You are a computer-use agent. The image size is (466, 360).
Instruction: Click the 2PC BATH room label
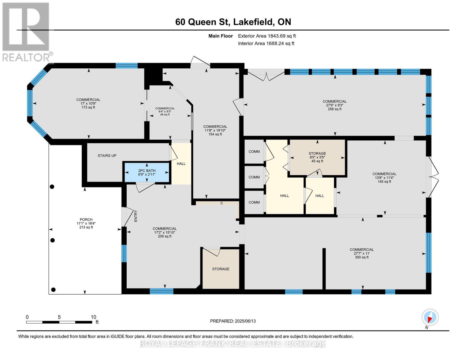coord(147,172)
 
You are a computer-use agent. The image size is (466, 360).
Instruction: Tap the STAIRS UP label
coord(107,156)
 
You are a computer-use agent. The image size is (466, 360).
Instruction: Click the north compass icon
coord(430,318)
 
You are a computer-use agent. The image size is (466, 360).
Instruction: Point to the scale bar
coord(59,322)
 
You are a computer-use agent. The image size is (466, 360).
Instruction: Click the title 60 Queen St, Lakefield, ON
coord(233,22)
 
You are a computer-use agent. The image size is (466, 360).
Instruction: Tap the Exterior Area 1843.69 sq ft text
coord(267,36)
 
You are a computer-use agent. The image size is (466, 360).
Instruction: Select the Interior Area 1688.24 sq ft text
coord(266,43)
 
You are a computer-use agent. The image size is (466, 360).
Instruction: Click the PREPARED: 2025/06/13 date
coord(233,321)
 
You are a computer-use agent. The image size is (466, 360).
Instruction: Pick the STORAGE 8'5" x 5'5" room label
coord(317,157)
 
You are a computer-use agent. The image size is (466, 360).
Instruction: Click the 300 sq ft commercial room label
coord(362,253)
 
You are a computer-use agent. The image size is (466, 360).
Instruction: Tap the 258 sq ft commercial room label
coord(335,105)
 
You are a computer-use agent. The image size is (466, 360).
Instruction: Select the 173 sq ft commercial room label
coord(88,103)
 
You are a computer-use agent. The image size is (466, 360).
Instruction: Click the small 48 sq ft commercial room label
coord(165,111)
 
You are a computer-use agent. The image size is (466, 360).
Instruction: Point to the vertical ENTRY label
coord(136,216)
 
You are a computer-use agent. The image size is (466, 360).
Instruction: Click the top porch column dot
coord(52,187)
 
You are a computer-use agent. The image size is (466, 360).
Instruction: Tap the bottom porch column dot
coord(53,289)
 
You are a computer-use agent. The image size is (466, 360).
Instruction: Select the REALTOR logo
coord(26,31)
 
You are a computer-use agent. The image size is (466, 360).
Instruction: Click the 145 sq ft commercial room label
coord(384,178)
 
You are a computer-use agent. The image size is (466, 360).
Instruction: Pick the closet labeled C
coord(222,203)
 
